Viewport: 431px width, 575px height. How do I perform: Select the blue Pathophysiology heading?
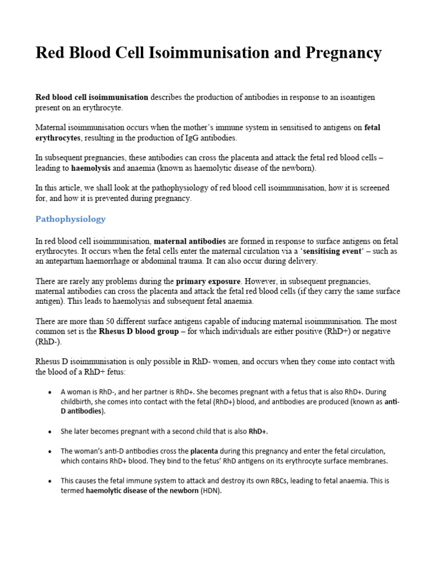70,218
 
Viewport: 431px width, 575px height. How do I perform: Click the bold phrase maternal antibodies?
190,241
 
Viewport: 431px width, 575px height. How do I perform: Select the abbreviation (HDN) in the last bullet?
211,490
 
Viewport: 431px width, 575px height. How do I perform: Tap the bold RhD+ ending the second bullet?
258,431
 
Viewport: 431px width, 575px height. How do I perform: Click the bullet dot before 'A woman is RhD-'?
51,392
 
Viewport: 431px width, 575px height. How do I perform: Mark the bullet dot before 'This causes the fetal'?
51,481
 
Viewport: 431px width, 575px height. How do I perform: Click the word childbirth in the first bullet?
78,401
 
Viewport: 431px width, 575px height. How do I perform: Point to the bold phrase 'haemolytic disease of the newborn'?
142,490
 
